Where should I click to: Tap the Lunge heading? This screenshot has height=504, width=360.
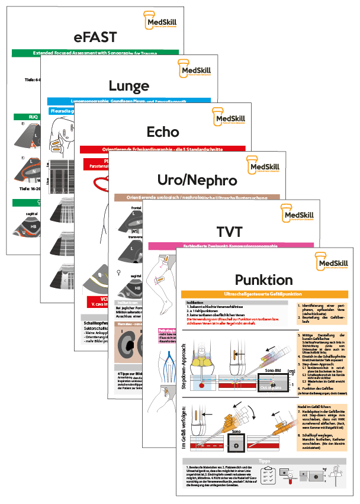[128, 86]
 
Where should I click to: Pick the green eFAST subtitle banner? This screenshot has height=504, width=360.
[95, 53]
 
